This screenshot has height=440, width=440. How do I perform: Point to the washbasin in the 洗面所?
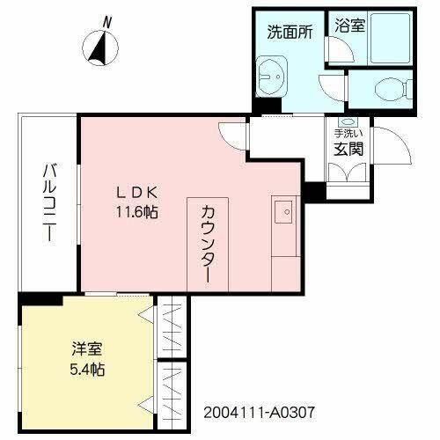click(x=272, y=76)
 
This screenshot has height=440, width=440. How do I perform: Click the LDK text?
click(x=134, y=194)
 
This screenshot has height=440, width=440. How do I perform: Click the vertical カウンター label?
click(x=208, y=243)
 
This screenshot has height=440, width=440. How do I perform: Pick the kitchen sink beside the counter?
click(x=284, y=210)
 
